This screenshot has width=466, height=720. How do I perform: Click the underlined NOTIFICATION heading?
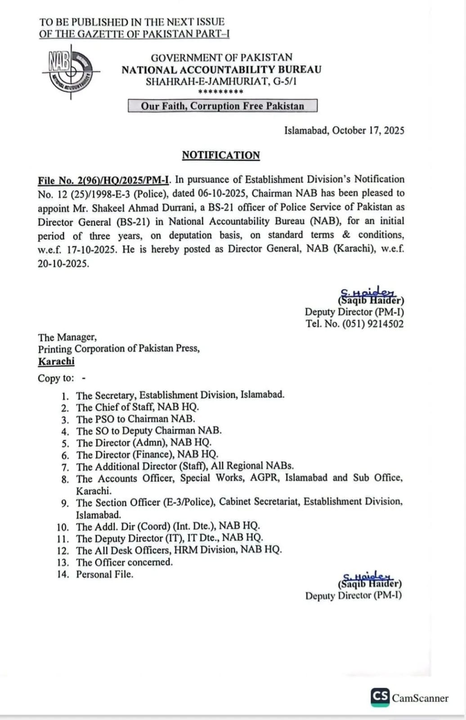221,155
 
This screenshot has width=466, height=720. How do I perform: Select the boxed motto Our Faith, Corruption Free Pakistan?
223,106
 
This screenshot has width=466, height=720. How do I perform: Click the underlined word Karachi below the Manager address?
56,361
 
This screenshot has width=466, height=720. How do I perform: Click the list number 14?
63,574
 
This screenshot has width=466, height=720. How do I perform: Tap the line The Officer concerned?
124,562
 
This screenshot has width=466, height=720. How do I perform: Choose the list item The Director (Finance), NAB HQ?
147,454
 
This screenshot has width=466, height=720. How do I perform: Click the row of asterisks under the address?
220,92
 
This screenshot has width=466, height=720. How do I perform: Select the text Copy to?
56,378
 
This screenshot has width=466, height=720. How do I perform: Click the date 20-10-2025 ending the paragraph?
63,264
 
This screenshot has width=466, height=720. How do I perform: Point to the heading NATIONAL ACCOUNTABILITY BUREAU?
221,70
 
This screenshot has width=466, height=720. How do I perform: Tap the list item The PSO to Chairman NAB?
135,419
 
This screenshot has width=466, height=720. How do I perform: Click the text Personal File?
105,574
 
